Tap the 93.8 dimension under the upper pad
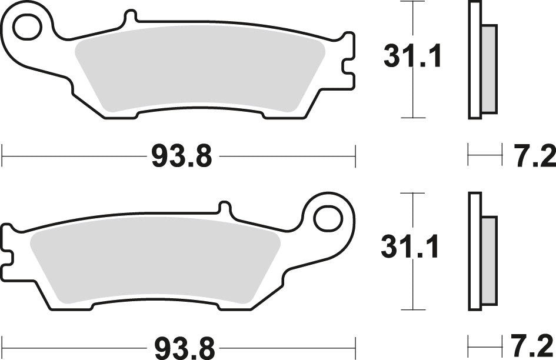[181, 157]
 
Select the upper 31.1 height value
[412, 57]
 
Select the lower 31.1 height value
[410, 247]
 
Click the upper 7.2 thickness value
[534, 157]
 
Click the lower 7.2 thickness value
[534, 345]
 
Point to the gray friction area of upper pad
[200, 68]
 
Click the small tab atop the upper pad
[129, 19]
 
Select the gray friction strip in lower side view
[490, 259]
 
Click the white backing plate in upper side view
[475, 59]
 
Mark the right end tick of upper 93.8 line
[355, 157]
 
